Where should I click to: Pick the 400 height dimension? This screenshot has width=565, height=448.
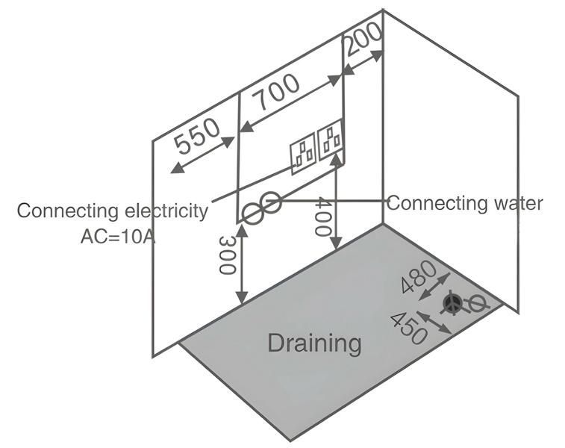click(322, 217)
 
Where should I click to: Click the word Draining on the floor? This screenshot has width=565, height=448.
click(314, 343)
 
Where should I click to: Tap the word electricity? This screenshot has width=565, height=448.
click(162, 211)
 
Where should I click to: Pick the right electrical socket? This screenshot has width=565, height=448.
click(330, 140)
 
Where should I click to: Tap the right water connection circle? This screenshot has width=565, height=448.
click(272, 202)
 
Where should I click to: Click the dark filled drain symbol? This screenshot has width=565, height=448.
click(452, 303)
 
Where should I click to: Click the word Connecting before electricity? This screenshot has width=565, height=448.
click(64, 211)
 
